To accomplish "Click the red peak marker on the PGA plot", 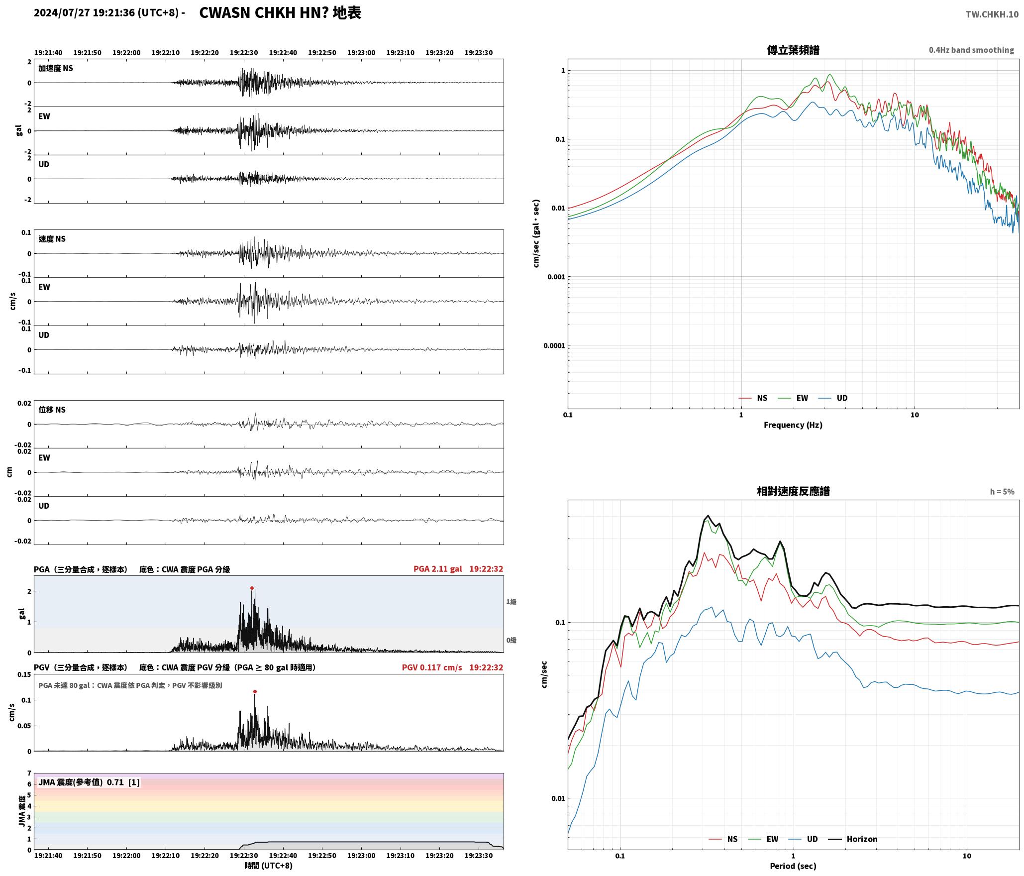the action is tap(252, 588).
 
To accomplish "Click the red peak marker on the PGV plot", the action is tap(255, 691).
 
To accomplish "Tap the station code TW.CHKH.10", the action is tap(992, 14).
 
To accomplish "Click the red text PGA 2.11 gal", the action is tap(437, 569).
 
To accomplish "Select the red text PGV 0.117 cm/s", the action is tap(432, 667).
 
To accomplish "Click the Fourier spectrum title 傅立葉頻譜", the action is tap(793, 50).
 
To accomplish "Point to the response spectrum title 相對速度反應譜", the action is tap(793, 491).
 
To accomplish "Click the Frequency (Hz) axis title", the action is tap(793, 425).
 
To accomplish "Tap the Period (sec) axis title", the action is tap(793, 866).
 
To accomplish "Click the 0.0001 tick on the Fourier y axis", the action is tap(554, 345).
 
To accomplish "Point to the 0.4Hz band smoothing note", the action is tap(971, 50).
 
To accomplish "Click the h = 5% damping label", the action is tap(1002, 492).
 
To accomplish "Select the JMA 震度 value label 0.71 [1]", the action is tap(123, 782).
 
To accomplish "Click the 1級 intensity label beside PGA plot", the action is tap(512, 602).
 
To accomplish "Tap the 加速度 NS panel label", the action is tap(56, 68).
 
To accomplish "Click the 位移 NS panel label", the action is tap(52, 410).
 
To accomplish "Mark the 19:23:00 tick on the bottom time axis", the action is tap(361, 856).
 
